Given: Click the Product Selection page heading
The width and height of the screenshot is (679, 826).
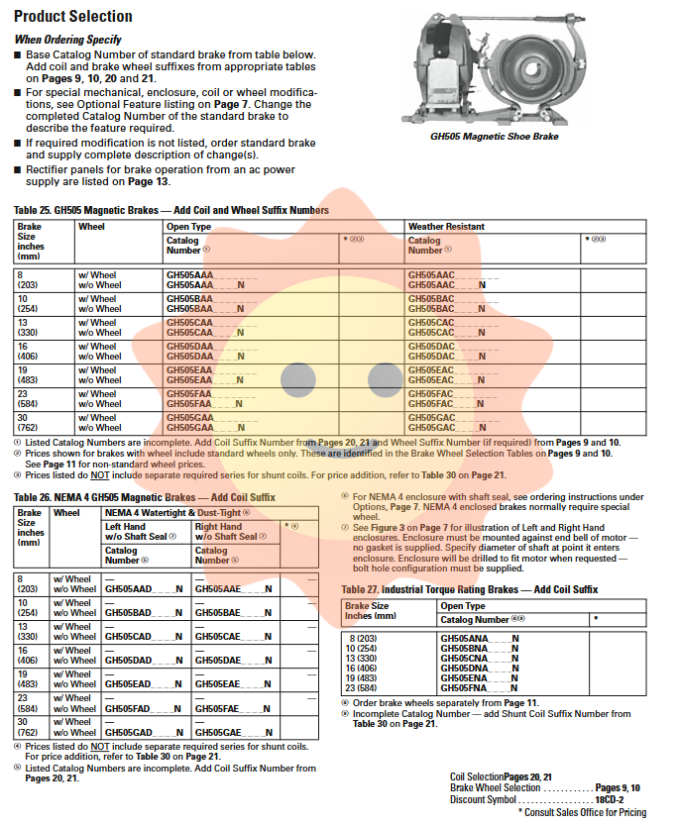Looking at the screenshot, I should coord(73,17).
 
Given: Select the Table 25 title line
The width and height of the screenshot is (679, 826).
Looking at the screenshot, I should coord(171,210).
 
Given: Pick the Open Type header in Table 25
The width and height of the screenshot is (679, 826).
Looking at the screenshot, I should coord(188,227).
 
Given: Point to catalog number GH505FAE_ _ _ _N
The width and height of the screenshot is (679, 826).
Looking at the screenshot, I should coord(233,708).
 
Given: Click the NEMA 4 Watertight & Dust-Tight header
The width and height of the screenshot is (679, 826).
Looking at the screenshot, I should coord(178,512).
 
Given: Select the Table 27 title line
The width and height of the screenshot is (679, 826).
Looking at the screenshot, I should coord(470,589).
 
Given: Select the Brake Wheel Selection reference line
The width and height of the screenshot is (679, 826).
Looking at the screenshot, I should coord(545,787).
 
